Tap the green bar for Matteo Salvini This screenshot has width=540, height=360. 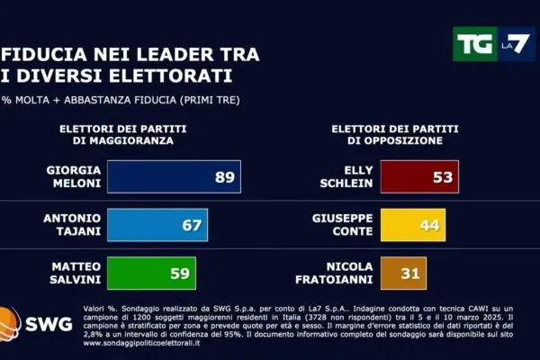coord(148,273)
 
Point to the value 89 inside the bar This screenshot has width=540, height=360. coord(224,177)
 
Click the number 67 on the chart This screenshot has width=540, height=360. coord(192,225)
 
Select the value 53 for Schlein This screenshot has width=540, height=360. coord(442,177)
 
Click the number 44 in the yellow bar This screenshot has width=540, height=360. coord(428,225)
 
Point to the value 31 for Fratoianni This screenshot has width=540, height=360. coord(409,273)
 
